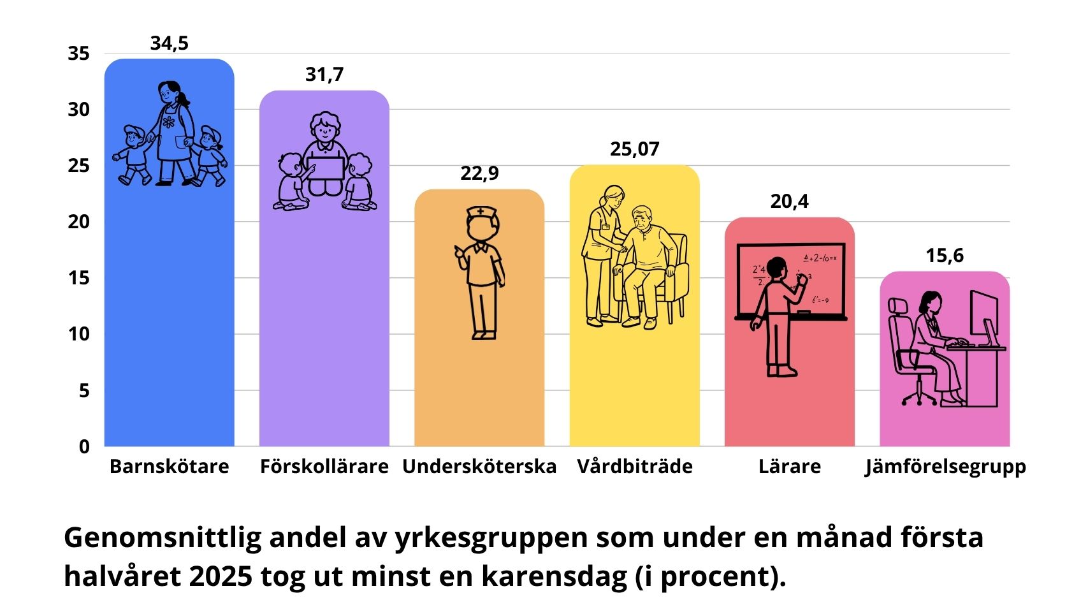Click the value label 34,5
click(x=170, y=43)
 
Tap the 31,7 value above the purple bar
click(x=324, y=75)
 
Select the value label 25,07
click(x=634, y=149)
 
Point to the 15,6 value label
click(x=945, y=256)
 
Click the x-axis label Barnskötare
click(x=169, y=467)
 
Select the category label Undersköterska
click(x=479, y=467)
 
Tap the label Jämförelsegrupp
click(x=945, y=467)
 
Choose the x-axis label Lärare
click(x=789, y=467)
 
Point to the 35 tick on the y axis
click(x=79, y=54)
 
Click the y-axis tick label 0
click(x=84, y=447)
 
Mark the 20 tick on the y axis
click(x=79, y=222)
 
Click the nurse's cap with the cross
click(x=480, y=212)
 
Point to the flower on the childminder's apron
click(x=168, y=122)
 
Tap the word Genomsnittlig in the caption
click(x=163, y=537)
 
